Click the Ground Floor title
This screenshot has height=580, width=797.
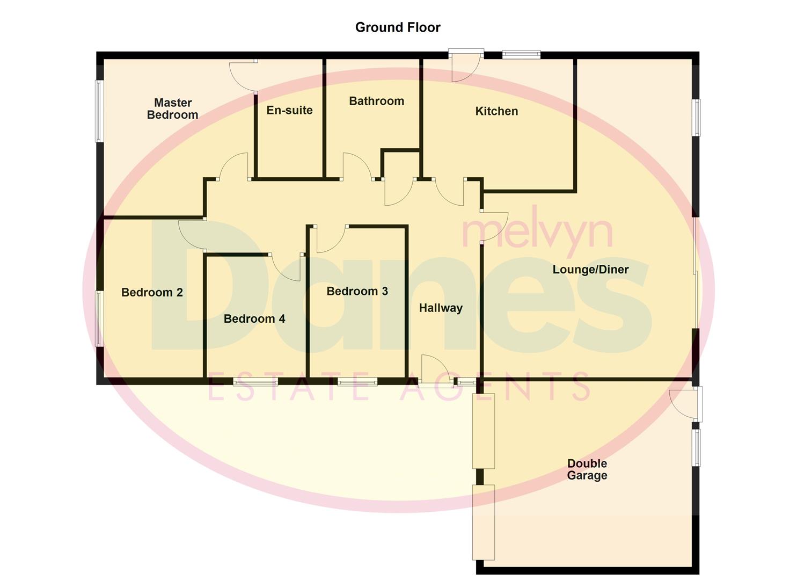[x=398, y=27]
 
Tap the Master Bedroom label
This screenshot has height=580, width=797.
[x=173, y=108]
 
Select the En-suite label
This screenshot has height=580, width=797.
[x=289, y=110]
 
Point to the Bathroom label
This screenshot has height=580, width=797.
[x=376, y=101]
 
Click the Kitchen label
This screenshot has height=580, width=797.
[x=496, y=111]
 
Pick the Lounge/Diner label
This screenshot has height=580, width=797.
[x=590, y=270]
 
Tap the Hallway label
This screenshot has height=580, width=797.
[x=441, y=308]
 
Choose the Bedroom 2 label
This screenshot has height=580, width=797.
[x=152, y=292]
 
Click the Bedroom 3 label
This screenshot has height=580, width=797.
[x=357, y=291]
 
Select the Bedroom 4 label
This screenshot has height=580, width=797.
[x=254, y=318]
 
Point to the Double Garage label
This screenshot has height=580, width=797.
[x=587, y=469]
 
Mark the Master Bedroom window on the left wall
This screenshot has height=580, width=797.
[x=99, y=111]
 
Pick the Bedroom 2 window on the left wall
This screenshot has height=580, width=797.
[x=99, y=318]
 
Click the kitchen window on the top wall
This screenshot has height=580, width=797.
[x=521, y=54]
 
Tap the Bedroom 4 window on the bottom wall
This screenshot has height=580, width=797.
[x=255, y=382]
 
